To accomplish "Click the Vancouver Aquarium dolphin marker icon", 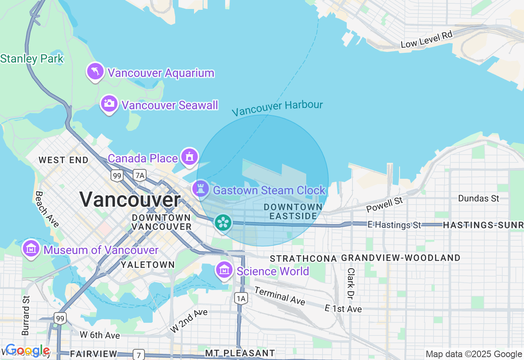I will pyautogui.click(x=95, y=72).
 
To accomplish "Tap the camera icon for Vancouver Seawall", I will pyautogui.click(x=109, y=103).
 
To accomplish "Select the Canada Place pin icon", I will pyautogui.click(x=189, y=157).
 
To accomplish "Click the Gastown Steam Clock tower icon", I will pyautogui.click(x=201, y=189).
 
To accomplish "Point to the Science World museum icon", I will pyautogui.click(x=224, y=270).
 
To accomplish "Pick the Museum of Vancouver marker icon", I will pyautogui.click(x=31, y=248).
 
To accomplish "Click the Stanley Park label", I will pyautogui.click(x=32, y=59).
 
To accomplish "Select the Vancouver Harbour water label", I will pyautogui.click(x=277, y=108).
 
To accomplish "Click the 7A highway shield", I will pyautogui.click(x=140, y=175).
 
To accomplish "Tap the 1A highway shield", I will pyautogui.click(x=241, y=299).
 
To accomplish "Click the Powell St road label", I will pyautogui.click(x=384, y=205).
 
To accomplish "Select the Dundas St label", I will pyautogui.click(x=479, y=198).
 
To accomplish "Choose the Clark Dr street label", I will pyautogui.click(x=351, y=283).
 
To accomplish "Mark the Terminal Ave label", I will pyautogui.click(x=280, y=296).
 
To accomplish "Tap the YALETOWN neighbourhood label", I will pyautogui.click(x=148, y=265).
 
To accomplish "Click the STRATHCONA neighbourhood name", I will pyautogui.click(x=303, y=259).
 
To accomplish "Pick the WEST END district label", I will pyautogui.click(x=63, y=160).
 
